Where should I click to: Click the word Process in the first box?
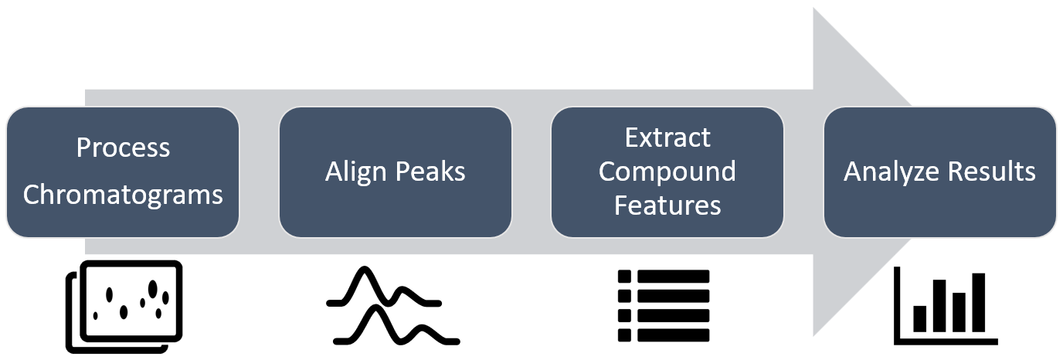[x=123, y=148]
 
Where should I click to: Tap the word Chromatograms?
[x=123, y=195]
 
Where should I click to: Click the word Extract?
[x=667, y=138]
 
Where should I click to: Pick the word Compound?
[x=667, y=172]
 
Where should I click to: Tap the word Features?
[x=667, y=205]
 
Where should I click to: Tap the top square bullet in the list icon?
[x=625, y=277]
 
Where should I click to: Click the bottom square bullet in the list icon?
[x=625, y=335]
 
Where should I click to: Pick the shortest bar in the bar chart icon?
[x=919, y=318]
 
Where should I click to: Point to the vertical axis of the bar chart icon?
[x=896, y=305]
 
